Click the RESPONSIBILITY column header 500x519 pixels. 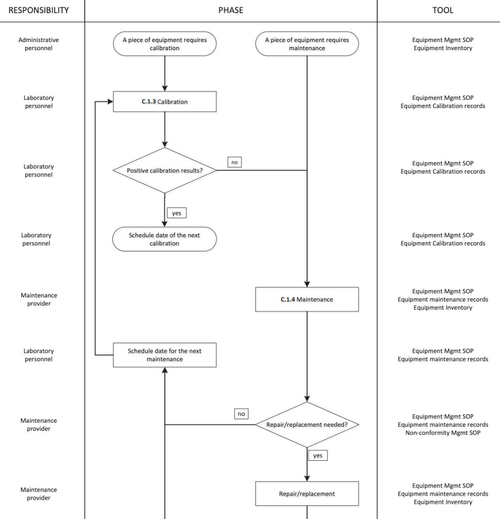coord(39,10)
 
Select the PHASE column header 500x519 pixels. coord(230,10)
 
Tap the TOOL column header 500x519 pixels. coord(443,10)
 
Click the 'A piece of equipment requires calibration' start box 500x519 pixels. coord(164,44)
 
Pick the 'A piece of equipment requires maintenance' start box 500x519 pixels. coord(307,44)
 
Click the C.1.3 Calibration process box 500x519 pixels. coord(164,101)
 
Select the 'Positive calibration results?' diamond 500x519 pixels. coord(164,171)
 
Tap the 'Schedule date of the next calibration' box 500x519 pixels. coord(164,239)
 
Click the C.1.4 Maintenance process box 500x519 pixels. coord(307,300)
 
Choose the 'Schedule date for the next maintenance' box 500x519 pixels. coord(164,355)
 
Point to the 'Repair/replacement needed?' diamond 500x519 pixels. coord(307,425)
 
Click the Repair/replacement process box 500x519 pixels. coord(307,494)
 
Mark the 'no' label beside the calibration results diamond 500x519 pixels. coord(234,162)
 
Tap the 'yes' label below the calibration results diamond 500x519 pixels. coord(176,213)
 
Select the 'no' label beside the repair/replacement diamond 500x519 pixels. coord(241,414)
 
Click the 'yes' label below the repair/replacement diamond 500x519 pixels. coord(318,455)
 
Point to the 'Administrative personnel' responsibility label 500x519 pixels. coord(39,44)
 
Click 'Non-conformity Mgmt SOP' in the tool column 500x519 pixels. coord(443,433)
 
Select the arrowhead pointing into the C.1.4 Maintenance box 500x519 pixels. coord(307,284)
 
